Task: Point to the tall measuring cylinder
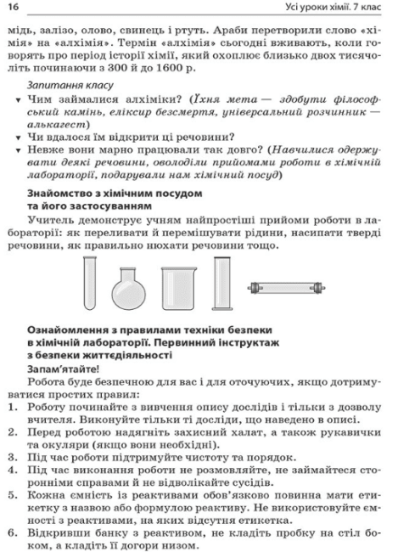click(223, 286)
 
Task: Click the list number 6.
click(11, 531)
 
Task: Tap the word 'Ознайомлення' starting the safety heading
click(71, 328)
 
